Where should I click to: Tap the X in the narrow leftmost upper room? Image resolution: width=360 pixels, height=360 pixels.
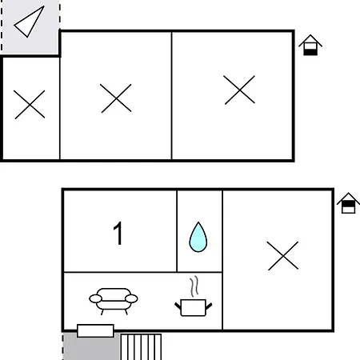[x=30, y=104]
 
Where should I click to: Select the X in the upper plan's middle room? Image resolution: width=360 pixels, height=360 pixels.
[x=116, y=98]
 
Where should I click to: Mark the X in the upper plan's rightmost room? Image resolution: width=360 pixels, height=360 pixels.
[x=239, y=90]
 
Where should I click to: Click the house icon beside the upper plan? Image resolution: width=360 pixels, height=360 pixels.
[x=310, y=45]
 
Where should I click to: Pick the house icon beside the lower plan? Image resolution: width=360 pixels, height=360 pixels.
[x=348, y=203]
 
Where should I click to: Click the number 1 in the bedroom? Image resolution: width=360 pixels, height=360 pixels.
[x=118, y=233]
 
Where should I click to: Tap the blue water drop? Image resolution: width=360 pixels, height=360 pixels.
[x=198, y=237]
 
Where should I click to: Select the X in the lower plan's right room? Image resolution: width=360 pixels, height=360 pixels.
[x=282, y=256]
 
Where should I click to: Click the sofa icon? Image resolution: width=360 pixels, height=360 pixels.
[x=114, y=301]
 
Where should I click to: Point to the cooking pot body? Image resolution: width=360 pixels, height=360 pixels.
[x=193, y=308]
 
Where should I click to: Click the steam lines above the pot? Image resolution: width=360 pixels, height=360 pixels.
[x=194, y=286]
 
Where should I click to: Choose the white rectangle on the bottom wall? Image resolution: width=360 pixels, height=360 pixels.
[x=95, y=330]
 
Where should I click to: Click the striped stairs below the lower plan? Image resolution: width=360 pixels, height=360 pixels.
[x=141, y=346]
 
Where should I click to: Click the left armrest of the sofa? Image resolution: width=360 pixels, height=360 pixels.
[x=95, y=298]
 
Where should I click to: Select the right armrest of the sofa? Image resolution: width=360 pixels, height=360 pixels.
[x=131, y=298]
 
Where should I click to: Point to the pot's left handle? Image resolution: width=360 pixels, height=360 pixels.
[x=178, y=306]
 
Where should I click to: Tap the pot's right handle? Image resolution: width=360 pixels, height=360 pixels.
[x=209, y=306]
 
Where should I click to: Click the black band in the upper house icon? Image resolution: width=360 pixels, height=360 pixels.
[x=310, y=52]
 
